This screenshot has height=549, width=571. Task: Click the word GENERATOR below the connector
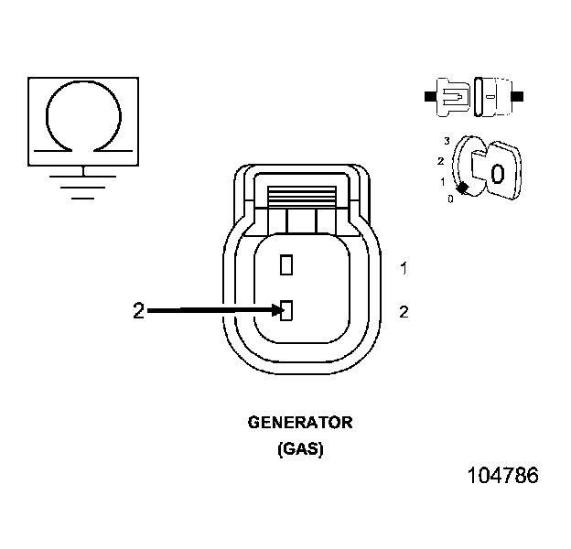pos(300,423)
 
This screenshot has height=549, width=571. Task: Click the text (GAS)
pos(300,449)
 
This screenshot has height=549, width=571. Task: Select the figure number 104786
pos(502,476)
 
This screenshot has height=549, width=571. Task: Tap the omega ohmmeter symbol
pos(83,116)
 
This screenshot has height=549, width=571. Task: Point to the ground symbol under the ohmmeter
pos(83,182)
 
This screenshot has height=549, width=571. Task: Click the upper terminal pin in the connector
pos(286,265)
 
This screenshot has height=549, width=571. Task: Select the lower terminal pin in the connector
pos(286,311)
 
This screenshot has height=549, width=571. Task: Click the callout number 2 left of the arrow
pos(138,312)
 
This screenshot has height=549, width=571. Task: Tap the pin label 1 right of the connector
pos(404,268)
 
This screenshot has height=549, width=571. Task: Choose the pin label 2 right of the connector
pos(404,312)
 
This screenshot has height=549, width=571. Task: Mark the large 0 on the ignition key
pos(497,173)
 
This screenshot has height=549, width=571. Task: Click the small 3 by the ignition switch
pos(447,140)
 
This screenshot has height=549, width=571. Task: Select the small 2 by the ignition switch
pos(441,161)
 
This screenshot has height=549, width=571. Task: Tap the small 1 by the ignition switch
pos(443,181)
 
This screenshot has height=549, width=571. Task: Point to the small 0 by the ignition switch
pos(450,199)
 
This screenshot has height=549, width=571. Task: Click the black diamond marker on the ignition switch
pos(463,188)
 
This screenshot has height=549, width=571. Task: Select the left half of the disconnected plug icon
pos(452,95)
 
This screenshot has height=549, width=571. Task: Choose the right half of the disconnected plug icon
pos(495,95)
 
